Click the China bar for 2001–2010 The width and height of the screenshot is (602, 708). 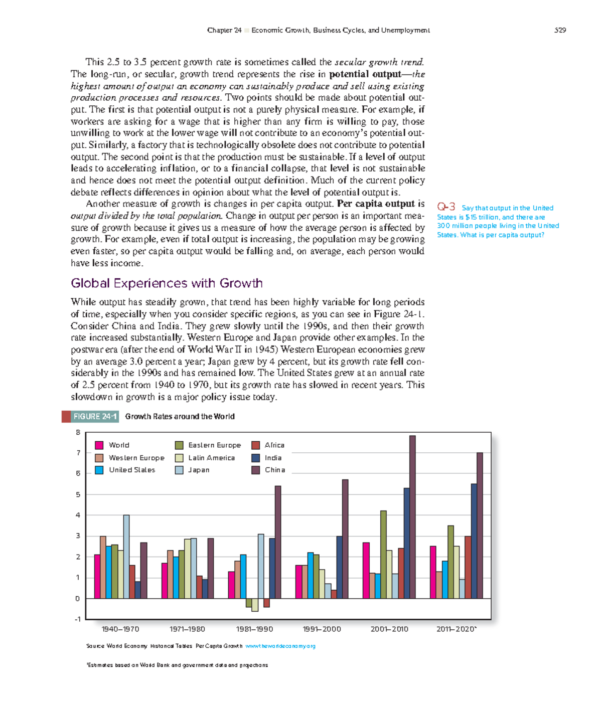click(x=412, y=516)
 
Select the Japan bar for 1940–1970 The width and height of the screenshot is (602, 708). click(x=126, y=557)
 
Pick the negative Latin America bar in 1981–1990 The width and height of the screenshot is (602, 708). click(x=255, y=605)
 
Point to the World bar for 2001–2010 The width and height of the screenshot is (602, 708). click(x=366, y=570)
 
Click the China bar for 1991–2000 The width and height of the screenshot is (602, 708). click(x=345, y=539)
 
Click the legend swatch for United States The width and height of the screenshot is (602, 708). click(x=99, y=470)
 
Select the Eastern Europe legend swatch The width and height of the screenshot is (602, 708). click(x=179, y=445)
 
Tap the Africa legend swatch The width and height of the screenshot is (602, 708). click(x=256, y=445)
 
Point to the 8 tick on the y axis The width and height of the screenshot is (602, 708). click(x=78, y=432)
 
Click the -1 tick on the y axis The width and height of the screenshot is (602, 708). click(x=77, y=619)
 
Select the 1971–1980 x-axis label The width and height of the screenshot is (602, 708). click(x=187, y=629)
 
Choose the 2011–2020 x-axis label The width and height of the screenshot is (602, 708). click(x=456, y=629)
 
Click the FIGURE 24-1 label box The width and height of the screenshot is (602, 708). click(x=95, y=417)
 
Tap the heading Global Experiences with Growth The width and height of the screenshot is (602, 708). click(x=167, y=283)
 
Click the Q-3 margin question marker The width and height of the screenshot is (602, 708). click(x=446, y=207)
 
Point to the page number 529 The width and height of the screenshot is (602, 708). click(x=560, y=30)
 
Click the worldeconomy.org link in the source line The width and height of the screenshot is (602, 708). click(x=280, y=646)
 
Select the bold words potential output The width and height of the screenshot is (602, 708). click(x=365, y=74)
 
